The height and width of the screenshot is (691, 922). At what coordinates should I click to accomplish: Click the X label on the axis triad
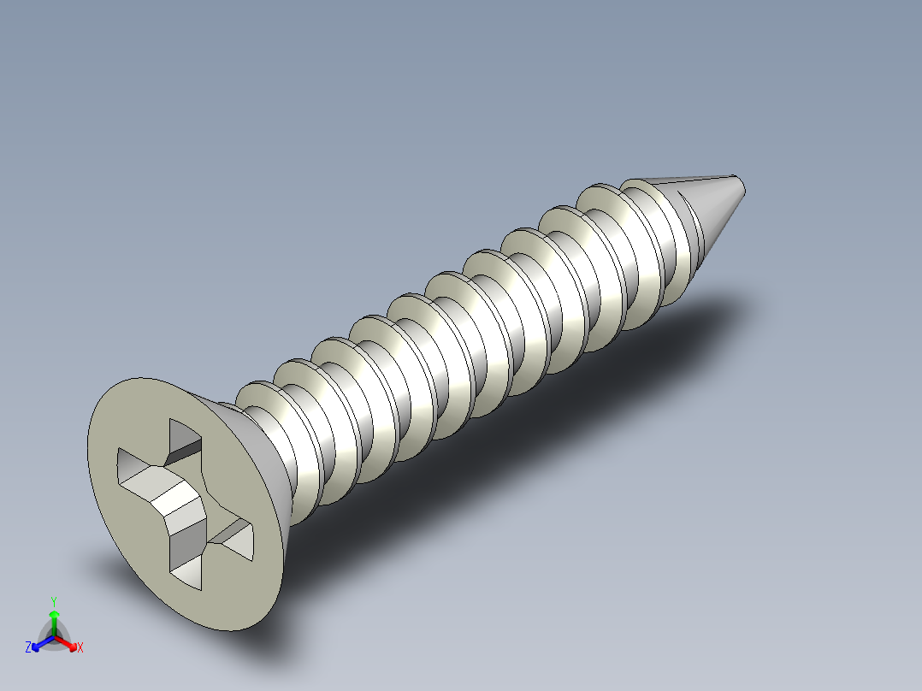80,647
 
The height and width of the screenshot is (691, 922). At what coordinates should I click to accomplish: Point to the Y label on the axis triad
53,600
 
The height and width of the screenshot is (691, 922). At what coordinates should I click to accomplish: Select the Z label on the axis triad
28,647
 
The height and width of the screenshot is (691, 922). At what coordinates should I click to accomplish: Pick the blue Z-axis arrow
39,643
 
